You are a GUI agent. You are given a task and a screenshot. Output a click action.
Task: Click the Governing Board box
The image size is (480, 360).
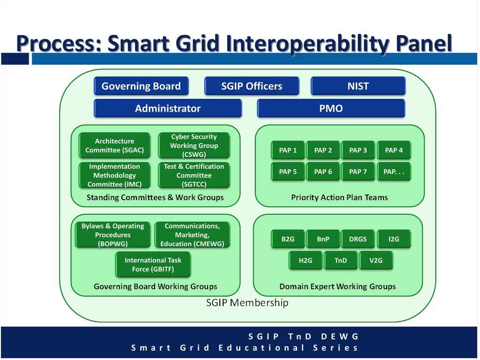tap(141, 86)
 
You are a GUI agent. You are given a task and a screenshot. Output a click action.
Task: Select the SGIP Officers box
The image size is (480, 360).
tap(252, 86)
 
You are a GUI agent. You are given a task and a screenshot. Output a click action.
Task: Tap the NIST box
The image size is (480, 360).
tap(358, 86)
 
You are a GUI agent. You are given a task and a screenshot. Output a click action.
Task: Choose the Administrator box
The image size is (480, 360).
tap(168, 108)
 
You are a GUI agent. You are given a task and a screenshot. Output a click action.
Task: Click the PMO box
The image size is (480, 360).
tap(331, 108)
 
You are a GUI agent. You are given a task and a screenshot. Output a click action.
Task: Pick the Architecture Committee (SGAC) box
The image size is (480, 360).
tap(115, 145)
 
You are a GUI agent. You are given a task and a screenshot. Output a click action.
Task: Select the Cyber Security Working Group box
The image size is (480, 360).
tap(194, 145)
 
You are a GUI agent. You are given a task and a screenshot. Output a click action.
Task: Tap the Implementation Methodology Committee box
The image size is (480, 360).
tap(115, 175)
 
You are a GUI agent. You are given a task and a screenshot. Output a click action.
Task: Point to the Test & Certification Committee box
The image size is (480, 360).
tap(194, 175)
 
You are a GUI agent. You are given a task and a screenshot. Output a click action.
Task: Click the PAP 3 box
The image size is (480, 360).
tap(358, 150)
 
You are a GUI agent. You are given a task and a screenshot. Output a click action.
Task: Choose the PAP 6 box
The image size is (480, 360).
tap(323, 172)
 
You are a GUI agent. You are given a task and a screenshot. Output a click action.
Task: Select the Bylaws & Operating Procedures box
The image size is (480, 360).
tap(113, 235)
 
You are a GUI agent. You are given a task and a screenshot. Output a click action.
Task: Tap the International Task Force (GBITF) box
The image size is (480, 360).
tap(153, 264)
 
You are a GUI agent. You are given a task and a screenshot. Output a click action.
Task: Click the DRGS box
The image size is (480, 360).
tap(358, 239)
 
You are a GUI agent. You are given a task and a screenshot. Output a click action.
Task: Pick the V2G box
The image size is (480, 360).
tap(376, 260)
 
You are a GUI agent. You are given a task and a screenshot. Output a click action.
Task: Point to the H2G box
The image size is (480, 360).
tap(306, 260)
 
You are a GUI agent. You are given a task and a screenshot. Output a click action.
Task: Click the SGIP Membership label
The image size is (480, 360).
tap(247, 303)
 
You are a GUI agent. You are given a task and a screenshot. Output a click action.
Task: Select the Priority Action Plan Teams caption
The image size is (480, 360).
tap(339, 197)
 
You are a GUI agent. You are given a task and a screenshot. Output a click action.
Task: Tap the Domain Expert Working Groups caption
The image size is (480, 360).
tap(337, 286)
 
